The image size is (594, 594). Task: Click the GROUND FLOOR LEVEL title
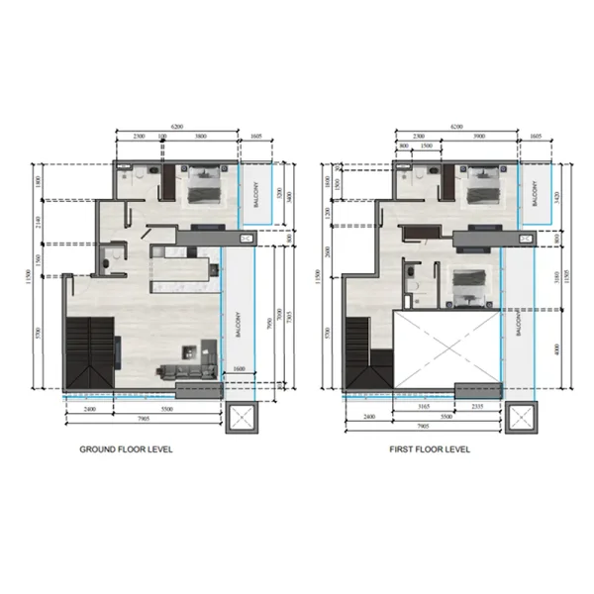(x=126, y=448)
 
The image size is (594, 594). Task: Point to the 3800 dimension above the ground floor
(x=200, y=136)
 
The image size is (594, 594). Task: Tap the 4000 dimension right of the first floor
(x=559, y=347)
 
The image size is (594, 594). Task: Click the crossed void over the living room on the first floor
(x=444, y=346)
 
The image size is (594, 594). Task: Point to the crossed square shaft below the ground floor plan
(x=241, y=420)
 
